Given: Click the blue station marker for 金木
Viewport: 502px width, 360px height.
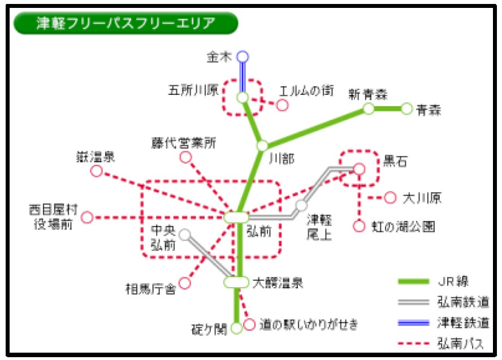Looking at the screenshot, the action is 243,57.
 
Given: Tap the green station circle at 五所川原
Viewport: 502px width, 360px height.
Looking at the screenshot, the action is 243,98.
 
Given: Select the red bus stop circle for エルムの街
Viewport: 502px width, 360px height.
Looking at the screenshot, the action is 282,105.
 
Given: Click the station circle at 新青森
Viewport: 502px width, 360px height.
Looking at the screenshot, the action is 369,109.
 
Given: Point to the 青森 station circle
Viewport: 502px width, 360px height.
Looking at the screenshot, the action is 406,109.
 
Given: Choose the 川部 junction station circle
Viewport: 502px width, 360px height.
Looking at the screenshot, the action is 262,146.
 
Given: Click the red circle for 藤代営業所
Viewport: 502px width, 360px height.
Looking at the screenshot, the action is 185,158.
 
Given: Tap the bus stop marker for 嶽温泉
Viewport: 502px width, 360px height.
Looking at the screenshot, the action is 97,171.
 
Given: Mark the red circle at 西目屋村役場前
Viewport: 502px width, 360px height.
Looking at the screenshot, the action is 88,217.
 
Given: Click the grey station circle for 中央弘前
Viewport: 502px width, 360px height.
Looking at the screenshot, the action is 184,234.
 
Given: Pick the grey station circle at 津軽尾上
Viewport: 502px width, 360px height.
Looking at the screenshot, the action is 301,206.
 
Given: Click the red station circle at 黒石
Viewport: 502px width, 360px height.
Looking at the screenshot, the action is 360,168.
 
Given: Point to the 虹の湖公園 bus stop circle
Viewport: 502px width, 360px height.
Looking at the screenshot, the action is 359,226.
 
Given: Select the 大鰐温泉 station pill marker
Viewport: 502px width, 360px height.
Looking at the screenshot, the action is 236,281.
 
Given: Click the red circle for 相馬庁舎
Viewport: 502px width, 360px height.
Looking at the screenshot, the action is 184,283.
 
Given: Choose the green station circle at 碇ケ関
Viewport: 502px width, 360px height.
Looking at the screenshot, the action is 236,327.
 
